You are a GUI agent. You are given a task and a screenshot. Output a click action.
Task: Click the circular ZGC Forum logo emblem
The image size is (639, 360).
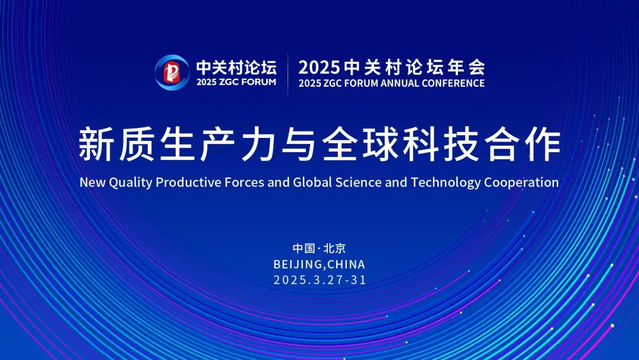click(172, 73)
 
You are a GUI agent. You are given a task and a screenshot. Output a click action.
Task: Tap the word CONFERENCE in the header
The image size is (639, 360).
click(453, 83)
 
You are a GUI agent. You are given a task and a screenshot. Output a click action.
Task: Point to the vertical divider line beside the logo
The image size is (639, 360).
click(288, 74)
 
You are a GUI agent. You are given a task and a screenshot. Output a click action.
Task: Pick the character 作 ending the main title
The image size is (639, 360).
click(543, 144)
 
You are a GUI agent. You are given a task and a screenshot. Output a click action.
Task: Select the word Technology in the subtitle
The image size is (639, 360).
click(446, 182)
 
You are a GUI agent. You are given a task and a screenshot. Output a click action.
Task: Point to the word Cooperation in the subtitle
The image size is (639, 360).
click(521, 182)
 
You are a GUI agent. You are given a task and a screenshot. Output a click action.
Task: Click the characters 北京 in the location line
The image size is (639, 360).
click(334, 248)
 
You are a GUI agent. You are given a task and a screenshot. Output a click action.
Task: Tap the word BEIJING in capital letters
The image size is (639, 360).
click(298, 264)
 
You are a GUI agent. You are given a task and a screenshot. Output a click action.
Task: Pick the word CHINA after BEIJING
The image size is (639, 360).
click(346, 264)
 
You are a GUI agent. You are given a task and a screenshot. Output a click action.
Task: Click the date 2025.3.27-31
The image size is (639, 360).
click(320, 279)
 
